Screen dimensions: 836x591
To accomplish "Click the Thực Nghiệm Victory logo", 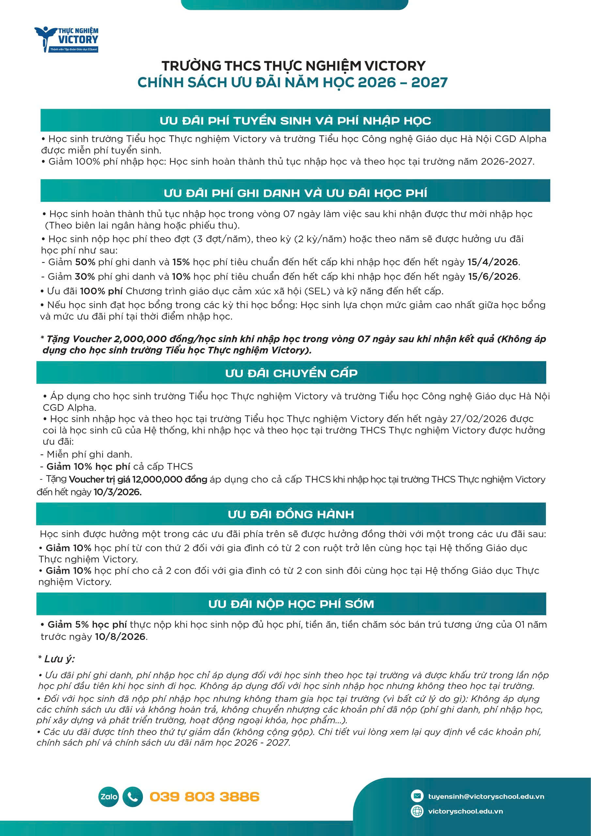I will click(67, 39).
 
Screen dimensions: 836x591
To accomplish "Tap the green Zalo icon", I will click(109, 796).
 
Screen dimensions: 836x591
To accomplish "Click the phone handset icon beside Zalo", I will click(132, 796).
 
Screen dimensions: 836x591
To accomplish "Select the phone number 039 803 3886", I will click(204, 796).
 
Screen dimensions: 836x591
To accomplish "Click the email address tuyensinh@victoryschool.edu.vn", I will click(486, 796).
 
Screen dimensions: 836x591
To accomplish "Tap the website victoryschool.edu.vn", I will click(465, 811).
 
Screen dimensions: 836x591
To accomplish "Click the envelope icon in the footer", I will click(417, 796).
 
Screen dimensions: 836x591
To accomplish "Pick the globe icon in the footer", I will click(417, 811).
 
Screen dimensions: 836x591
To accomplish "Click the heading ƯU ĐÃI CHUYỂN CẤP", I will click(291, 373).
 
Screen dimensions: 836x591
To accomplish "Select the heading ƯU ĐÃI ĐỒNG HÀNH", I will click(291, 514).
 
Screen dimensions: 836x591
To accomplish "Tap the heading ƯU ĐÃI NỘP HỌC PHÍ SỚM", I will click(291, 604).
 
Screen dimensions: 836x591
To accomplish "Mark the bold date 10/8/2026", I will click(120, 636).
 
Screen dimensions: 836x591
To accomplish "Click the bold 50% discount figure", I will click(85, 262).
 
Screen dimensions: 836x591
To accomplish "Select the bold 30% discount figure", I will click(85, 277).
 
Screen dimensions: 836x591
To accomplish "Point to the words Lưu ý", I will click(59, 659).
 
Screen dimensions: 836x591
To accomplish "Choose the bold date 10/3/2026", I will click(117, 492).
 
